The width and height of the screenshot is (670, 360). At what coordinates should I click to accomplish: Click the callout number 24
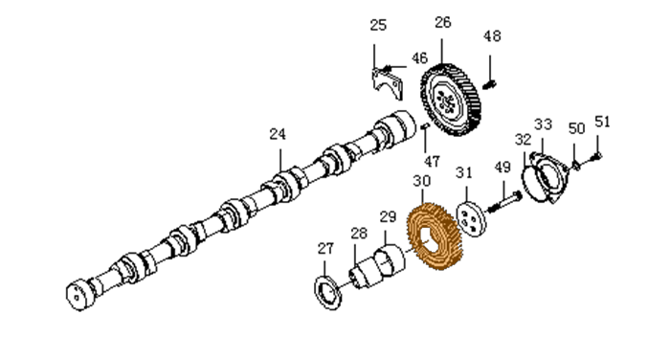point(278,134)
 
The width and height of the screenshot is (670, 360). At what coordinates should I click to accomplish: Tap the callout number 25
point(378,25)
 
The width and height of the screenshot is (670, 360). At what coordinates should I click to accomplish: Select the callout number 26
point(442,22)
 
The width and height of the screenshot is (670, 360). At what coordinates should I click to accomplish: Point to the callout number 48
point(492,36)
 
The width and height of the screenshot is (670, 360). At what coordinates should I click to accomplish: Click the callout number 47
point(432,162)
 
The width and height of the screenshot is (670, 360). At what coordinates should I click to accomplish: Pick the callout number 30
point(422,181)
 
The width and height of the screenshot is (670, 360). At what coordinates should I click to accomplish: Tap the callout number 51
point(602,122)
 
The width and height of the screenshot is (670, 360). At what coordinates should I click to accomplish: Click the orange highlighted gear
point(435,236)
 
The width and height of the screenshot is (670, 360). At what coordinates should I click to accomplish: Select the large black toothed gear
point(451,100)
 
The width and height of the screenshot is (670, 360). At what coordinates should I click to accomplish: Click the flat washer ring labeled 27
point(327,292)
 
